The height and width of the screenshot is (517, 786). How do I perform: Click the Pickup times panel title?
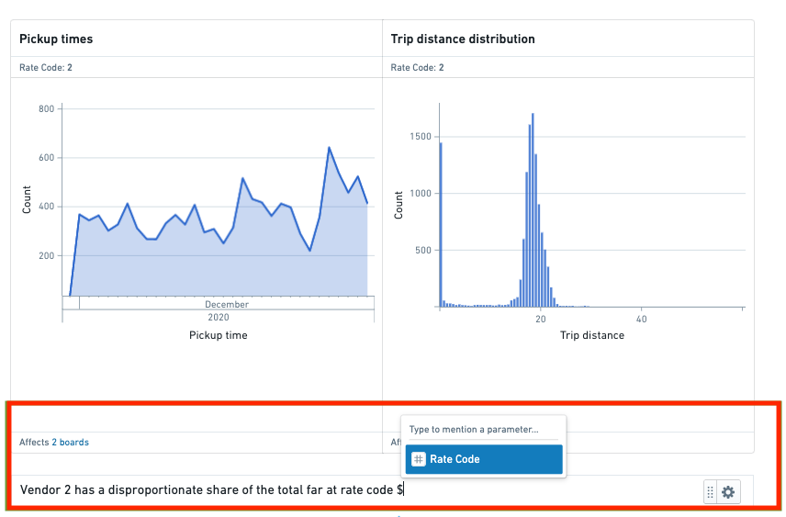56,39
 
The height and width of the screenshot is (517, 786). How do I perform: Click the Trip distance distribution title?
463,39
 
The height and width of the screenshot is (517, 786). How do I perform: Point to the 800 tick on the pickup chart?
46,108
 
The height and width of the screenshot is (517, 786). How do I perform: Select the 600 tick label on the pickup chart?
46,157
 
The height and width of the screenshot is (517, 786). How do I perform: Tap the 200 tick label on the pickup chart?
46,255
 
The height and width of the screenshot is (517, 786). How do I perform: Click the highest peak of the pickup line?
330,148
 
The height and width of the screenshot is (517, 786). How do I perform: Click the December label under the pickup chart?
227,304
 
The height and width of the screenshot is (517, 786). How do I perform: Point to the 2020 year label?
218,318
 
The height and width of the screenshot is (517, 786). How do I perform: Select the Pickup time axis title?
218,335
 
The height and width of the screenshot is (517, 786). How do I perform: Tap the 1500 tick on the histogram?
420,137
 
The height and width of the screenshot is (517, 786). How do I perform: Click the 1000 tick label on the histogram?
420,193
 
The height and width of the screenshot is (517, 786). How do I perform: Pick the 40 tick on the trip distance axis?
641,319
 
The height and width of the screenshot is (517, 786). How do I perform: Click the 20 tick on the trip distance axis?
540,319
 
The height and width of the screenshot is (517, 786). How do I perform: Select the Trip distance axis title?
592,335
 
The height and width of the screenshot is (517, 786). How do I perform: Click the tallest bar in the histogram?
533,210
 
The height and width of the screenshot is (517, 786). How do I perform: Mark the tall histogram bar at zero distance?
441,225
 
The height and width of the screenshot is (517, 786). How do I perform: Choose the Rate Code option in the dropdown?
484,459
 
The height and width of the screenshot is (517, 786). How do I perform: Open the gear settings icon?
728,492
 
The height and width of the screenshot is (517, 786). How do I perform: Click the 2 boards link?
70,443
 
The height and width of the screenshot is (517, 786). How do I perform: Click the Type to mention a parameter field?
474,429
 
